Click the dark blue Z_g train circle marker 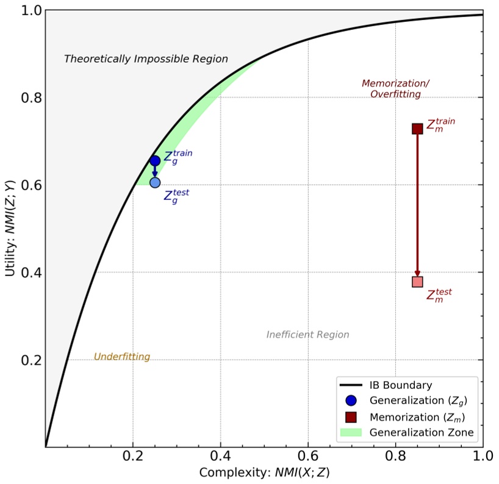(x=155, y=161)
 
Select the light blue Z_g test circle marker (x=155, y=182)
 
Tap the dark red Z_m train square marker (x=417, y=129)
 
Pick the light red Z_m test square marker (x=417, y=282)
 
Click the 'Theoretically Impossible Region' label (x=146, y=59)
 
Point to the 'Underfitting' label (x=122, y=357)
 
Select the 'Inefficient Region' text (x=307, y=335)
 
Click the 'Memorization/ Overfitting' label (x=395, y=88)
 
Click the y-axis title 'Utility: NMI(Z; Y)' (x=11, y=228)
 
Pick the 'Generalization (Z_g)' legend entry (x=414, y=401)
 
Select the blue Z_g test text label (x=176, y=196)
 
